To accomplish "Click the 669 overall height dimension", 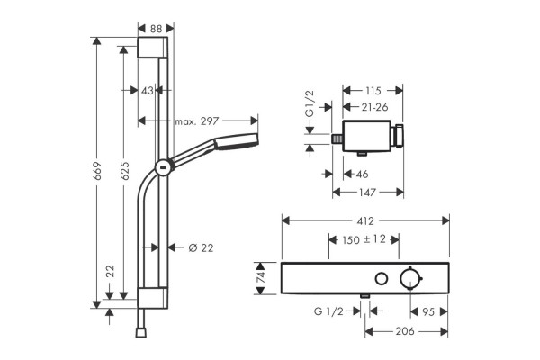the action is pyautogui.click(x=97, y=171).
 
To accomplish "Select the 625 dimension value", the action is pyautogui.click(x=124, y=170).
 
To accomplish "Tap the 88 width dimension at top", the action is pyautogui.click(x=156, y=29).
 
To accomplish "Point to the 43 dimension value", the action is pyautogui.click(x=148, y=91).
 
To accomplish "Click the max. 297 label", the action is pyautogui.click(x=197, y=121).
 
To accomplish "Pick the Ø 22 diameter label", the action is pyautogui.click(x=201, y=247).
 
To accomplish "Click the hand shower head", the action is pyautogui.click(x=236, y=141).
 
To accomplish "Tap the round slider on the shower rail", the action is pyautogui.click(x=164, y=169).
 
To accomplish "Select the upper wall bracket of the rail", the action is pyautogui.click(x=153, y=48).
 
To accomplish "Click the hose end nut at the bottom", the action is pyautogui.click(x=141, y=333).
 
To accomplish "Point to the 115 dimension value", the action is pyautogui.click(x=373, y=91).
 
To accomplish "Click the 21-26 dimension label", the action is pyautogui.click(x=374, y=107).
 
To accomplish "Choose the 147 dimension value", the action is pyautogui.click(x=367, y=193).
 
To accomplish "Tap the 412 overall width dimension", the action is pyautogui.click(x=365, y=220).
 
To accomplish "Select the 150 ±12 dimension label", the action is pyautogui.click(x=364, y=239).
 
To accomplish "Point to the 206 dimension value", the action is pyautogui.click(x=405, y=331).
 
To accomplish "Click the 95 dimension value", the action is pyautogui.click(x=428, y=312).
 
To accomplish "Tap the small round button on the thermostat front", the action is pyautogui.click(x=382, y=279).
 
